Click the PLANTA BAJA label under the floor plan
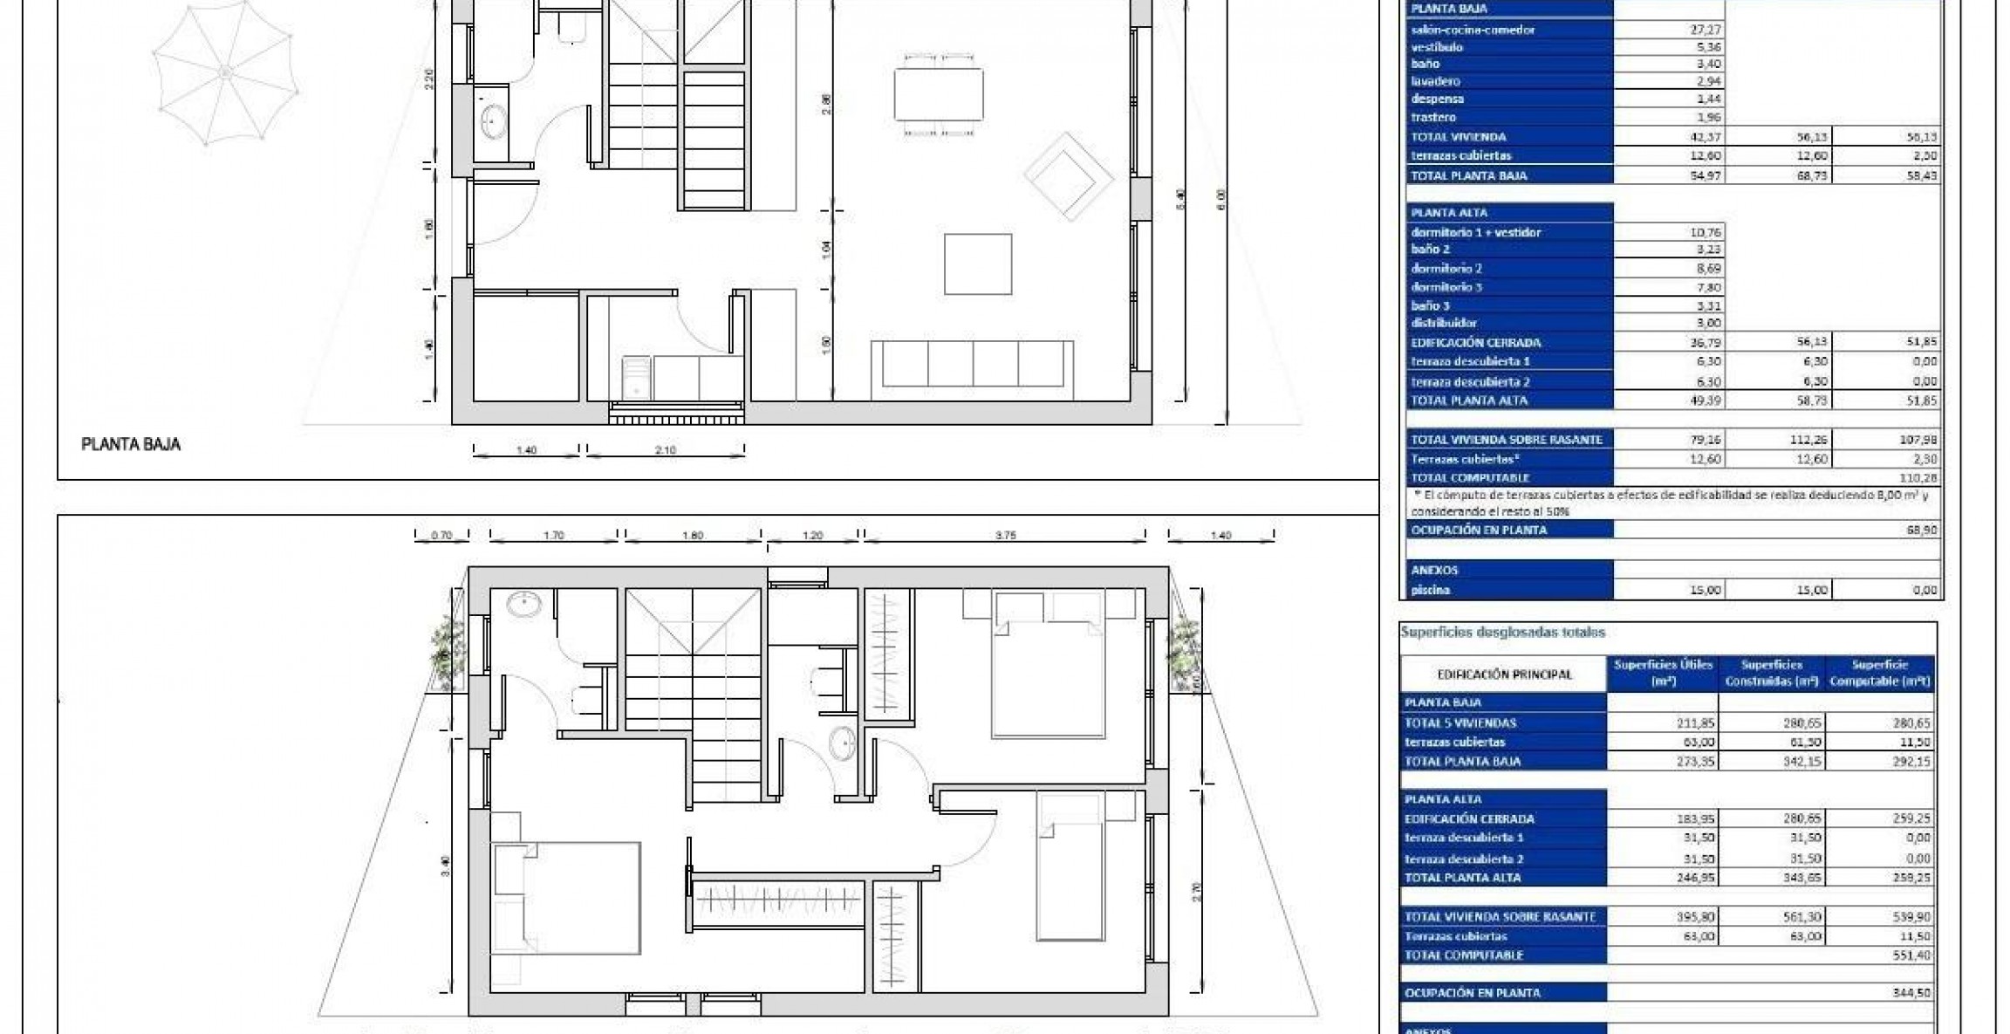[x=131, y=444]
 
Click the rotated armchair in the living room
[x=1069, y=177]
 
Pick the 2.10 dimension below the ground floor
[x=665, y=450]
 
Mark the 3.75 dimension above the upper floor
[x=1005, y=536]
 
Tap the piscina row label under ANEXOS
[x=1431, y=590]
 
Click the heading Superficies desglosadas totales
[x=1502, y=633]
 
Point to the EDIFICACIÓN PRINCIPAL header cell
[x=1504, y=674]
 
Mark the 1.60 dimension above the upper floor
[x=692, y=536]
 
